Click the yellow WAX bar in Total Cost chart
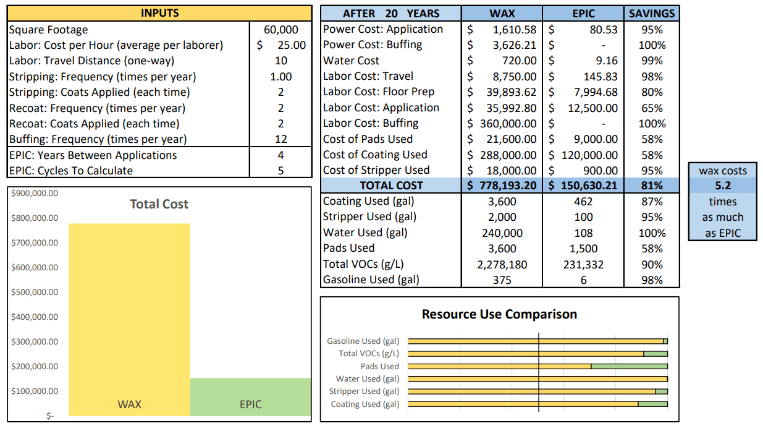point(129,320)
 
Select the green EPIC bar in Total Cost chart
point(250,397)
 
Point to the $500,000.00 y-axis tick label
point(35,293)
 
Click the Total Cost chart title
point(159,204)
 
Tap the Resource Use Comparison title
point(499,314)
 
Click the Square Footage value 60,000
point(281,30)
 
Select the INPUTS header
point(160,13)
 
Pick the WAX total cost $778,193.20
point(502,186)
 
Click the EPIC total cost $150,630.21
point(583,186)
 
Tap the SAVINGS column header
point(652,14)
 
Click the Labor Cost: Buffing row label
point(371,123)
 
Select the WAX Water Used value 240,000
point(502,233)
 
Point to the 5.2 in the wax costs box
point(723,186)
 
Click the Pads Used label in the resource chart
point(380,366)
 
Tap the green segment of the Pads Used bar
point(629,366)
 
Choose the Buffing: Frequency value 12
point(281,139)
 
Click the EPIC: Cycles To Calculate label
point(71,171)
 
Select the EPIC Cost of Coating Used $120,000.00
point(583,155)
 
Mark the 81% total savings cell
point(652,186)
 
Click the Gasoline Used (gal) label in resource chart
point(363,341)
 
